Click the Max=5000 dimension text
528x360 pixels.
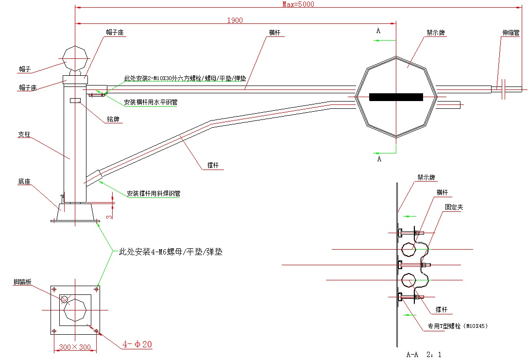(298, 4)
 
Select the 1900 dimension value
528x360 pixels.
(235, 20)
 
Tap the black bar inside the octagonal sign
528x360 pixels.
(396, 97)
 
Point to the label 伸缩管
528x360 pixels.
(511, 34)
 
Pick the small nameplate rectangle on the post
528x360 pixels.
(75, 100)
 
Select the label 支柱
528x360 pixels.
(24, 134)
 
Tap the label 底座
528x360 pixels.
(24, 182)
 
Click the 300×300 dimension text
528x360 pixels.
(74, 347)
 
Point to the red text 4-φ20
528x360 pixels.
(137, 344)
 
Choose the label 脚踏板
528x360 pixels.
(23, 282)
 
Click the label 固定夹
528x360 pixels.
(454, 207)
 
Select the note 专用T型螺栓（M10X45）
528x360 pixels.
(457, 326)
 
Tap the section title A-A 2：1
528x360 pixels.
(424, 354)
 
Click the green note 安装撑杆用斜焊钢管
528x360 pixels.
(153, 193)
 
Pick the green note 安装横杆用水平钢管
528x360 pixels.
(150, 103)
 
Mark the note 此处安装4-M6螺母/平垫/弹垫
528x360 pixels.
(170, 252)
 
